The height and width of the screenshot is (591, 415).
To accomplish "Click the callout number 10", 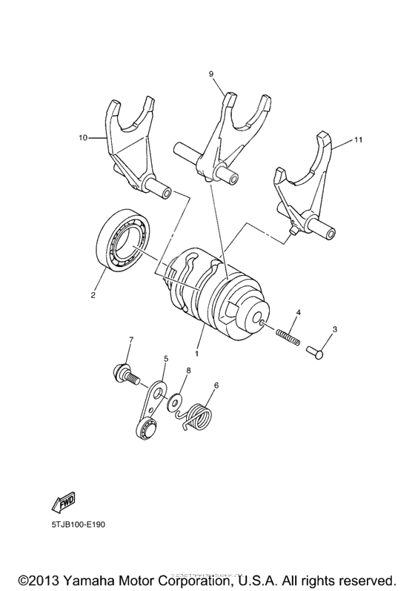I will [x=82, y=137].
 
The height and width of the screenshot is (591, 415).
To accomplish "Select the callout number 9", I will [x=211, y=74].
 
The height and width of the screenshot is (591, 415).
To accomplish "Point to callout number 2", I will [x=93, y=295].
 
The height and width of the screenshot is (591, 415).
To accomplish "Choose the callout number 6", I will [x=216, y=385].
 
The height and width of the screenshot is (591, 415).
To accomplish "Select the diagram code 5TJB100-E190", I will [x=79, y=524].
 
